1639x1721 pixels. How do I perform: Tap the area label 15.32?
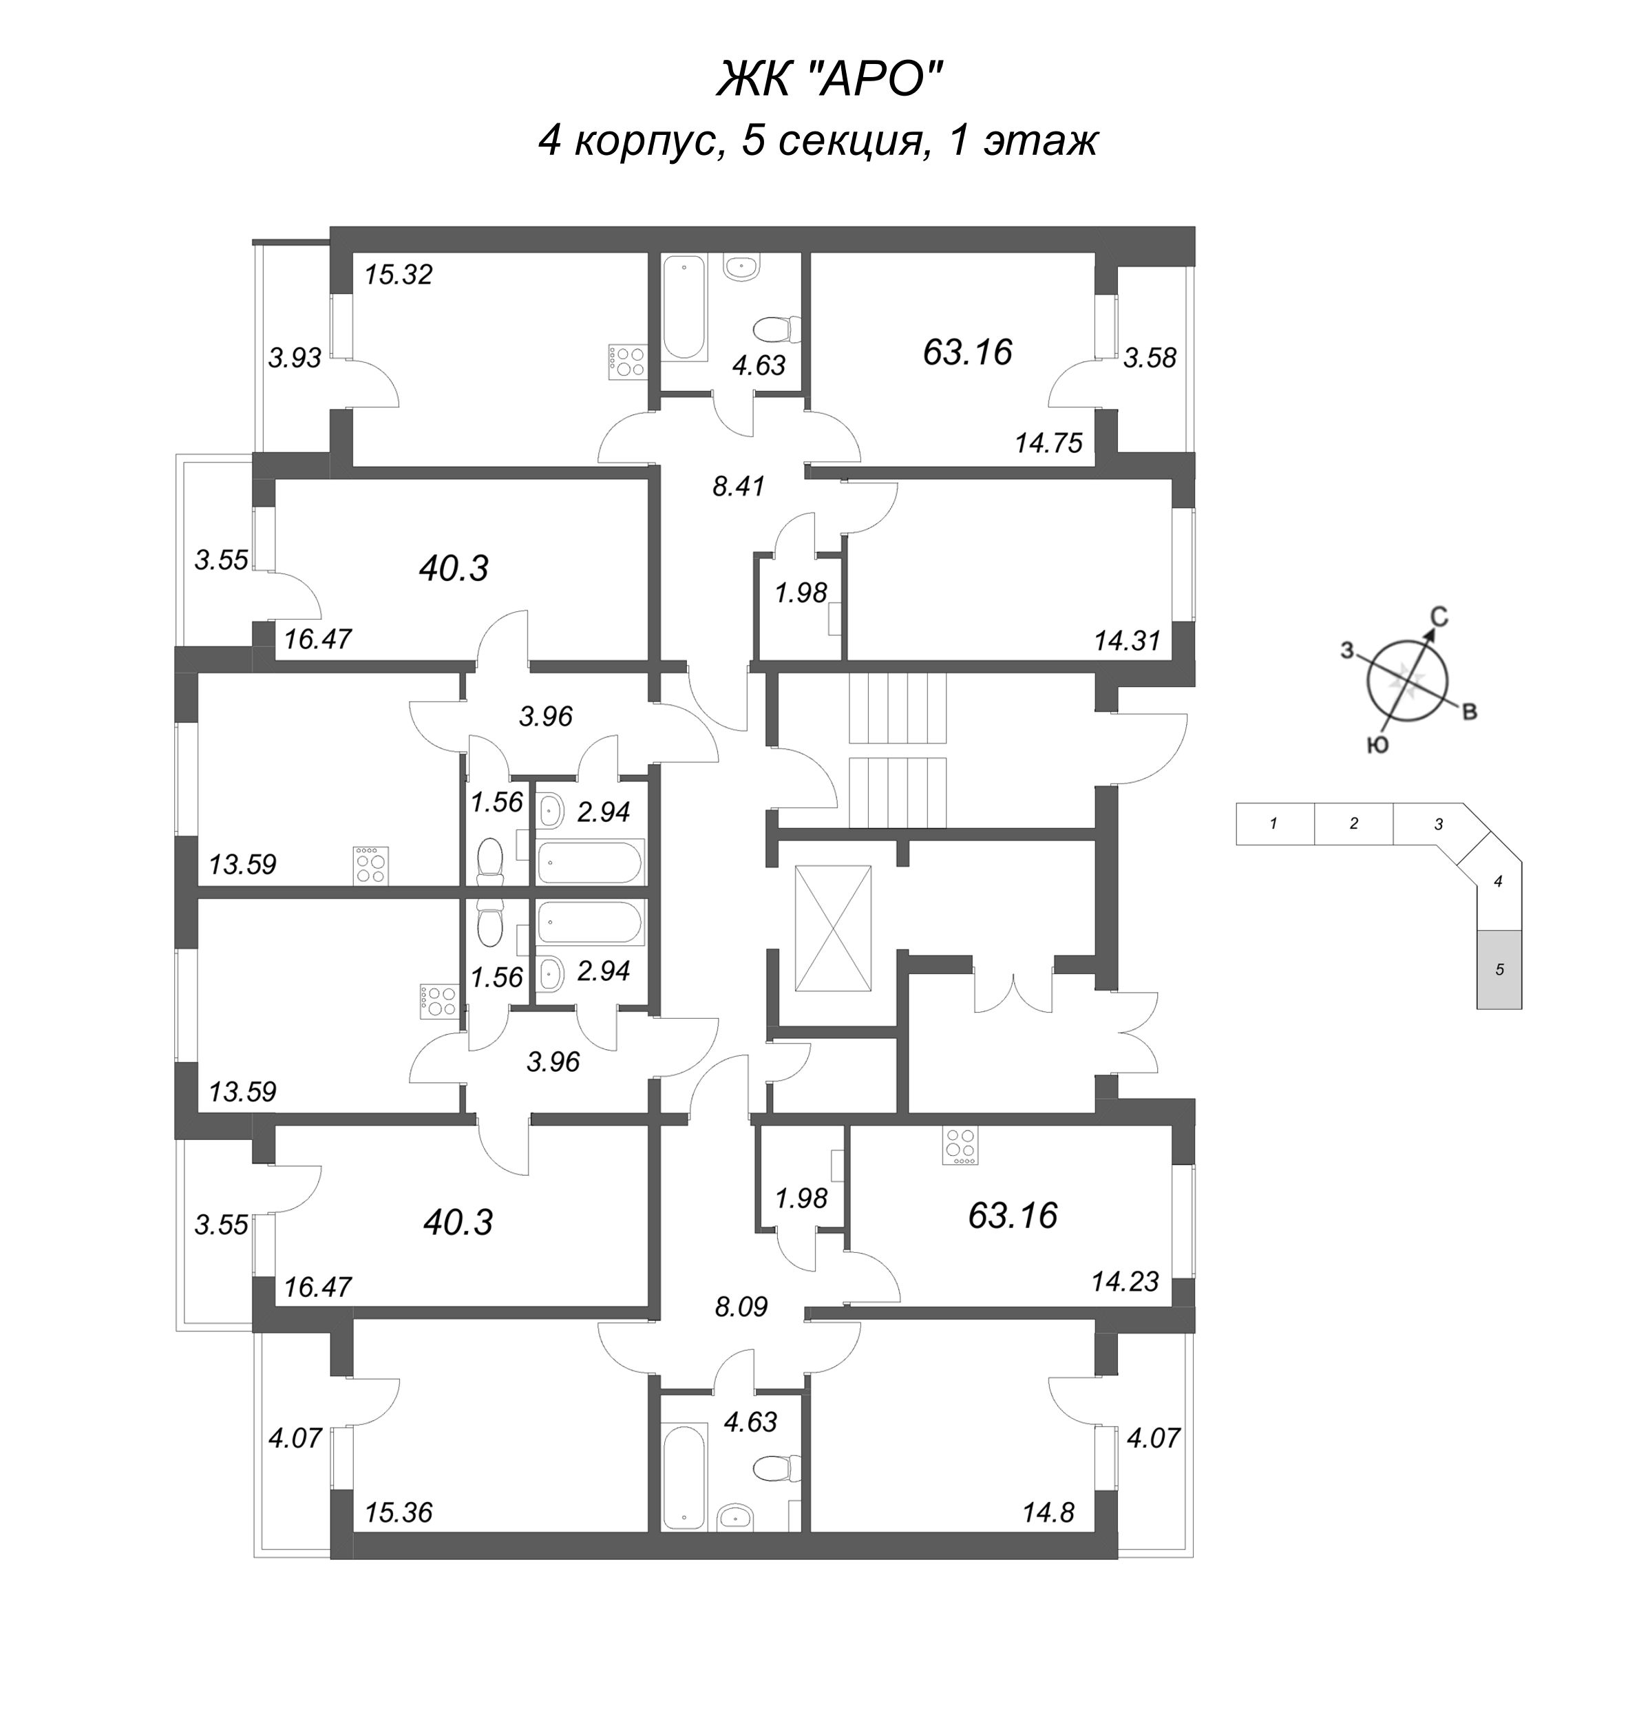pos(399,275)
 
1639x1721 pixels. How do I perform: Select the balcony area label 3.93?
pos(295,357)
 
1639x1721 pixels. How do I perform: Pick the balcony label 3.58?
pos(1150,357)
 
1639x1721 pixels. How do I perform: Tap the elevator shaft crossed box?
pos(833,929)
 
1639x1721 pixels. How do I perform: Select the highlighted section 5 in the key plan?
pos(1499,970)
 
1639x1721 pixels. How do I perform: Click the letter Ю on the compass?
pos(1378,744)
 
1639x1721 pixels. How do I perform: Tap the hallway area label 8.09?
pos(741,1307)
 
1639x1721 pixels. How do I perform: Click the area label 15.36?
pos(399,1512)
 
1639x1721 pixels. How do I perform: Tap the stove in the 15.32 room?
pos(626,361)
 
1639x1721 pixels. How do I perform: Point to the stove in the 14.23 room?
pos(960,1145)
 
